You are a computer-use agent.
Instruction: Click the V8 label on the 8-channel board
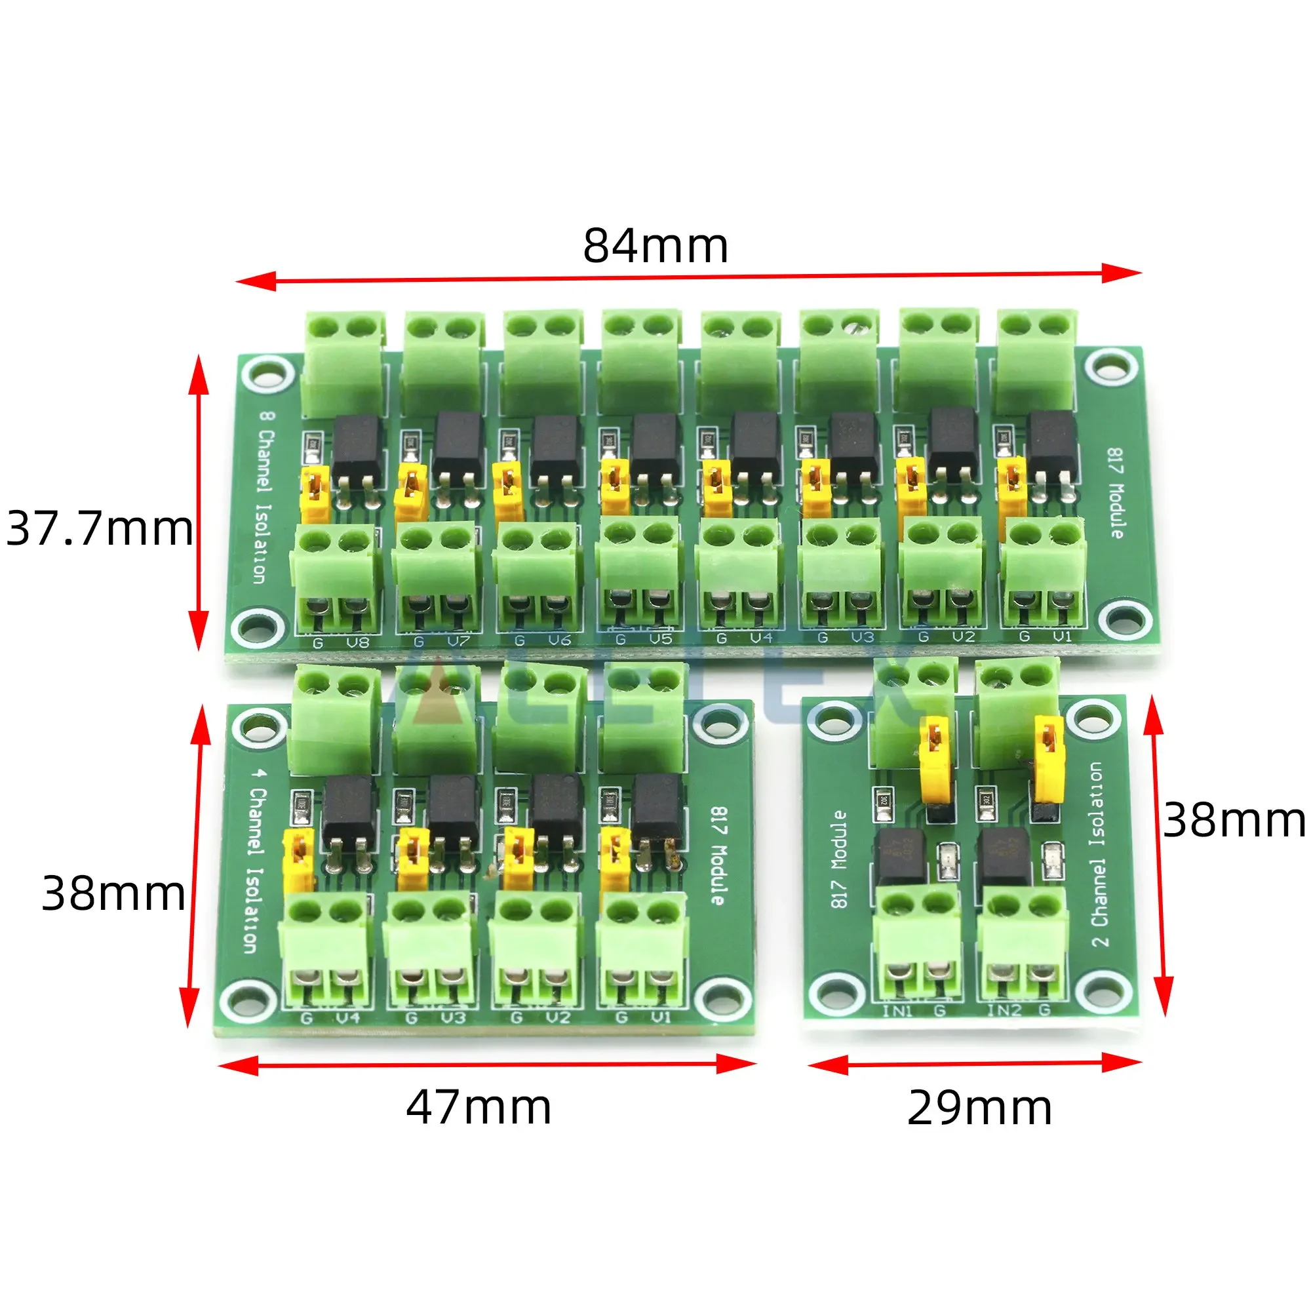[358, 642]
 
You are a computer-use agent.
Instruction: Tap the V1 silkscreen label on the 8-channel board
[1062, 636]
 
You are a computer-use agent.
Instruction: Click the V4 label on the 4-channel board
[348, 1018]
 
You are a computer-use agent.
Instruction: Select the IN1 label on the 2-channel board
[898, 1011]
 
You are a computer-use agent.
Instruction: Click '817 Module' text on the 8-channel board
[1115, 494]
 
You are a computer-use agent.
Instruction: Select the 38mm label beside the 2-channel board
[1234, 821]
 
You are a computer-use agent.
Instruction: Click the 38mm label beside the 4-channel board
[113, 893]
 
